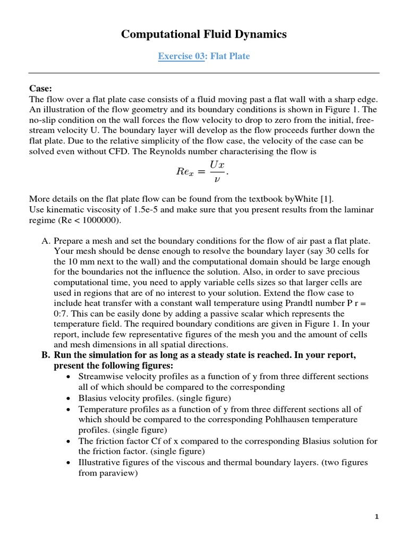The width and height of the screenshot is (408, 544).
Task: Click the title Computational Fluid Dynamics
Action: pyautogui.click(x=204, y=35)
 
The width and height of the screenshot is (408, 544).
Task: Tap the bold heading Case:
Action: pyautogui.click(x=40, y=88)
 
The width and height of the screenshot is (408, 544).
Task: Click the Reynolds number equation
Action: pyautogui.click(x=203, y=171)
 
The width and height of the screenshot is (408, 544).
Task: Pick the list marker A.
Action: pyautogui.click(x=46, y=241)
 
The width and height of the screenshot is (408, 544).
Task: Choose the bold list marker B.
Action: pyautogui.click(x=45, y=355)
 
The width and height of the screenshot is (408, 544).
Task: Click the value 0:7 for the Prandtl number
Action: pyautogui.click(x=63, y=313)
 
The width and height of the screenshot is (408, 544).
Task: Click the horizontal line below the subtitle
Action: pyautogui.click(x=204, y=73)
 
